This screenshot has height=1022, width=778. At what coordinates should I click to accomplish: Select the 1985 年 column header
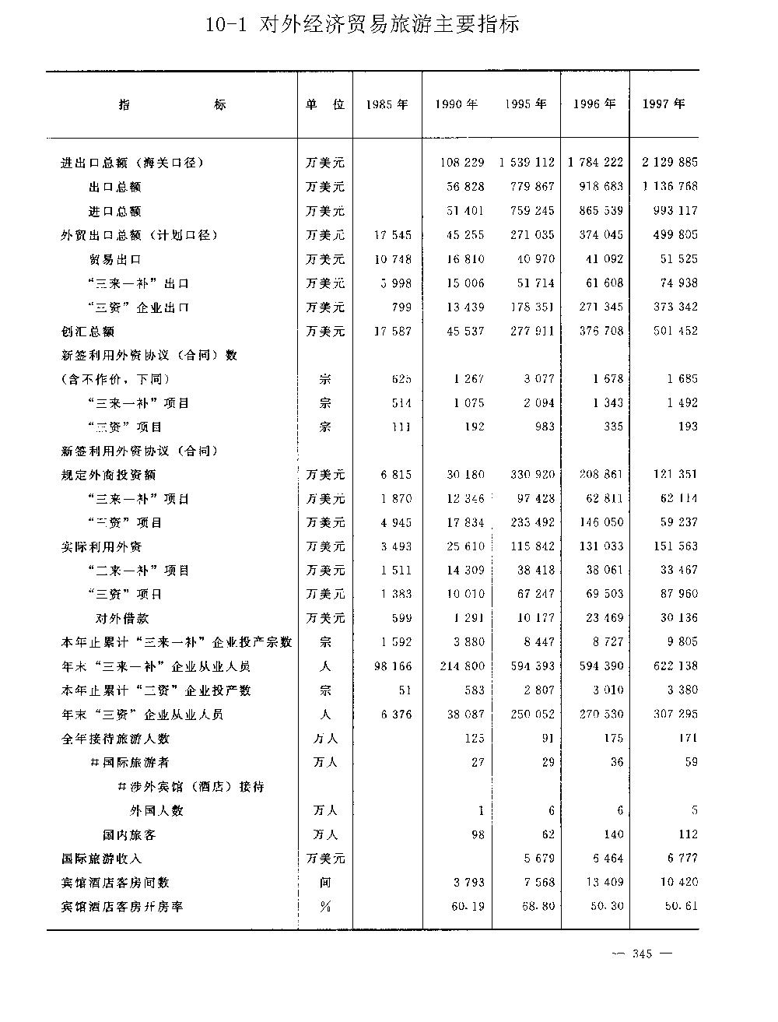387,104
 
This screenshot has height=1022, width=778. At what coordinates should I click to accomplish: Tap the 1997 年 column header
664,104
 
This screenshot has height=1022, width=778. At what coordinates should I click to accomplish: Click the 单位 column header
325,104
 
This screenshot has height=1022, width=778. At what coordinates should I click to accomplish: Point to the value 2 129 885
670,163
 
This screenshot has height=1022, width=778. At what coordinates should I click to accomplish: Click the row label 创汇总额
88,332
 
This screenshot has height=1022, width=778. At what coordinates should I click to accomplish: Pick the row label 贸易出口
115,259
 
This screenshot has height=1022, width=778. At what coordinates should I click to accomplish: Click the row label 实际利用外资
102,547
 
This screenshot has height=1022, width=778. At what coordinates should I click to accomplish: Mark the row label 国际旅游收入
102,859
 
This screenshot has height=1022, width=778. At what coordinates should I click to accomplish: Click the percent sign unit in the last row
325,907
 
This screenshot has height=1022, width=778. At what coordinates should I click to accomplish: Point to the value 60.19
467,907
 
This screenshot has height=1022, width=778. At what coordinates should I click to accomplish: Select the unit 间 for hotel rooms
325,883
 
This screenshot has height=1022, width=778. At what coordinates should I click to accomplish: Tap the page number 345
642,954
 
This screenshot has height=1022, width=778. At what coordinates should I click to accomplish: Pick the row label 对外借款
122,619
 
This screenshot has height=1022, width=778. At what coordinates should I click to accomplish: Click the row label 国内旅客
129,834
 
